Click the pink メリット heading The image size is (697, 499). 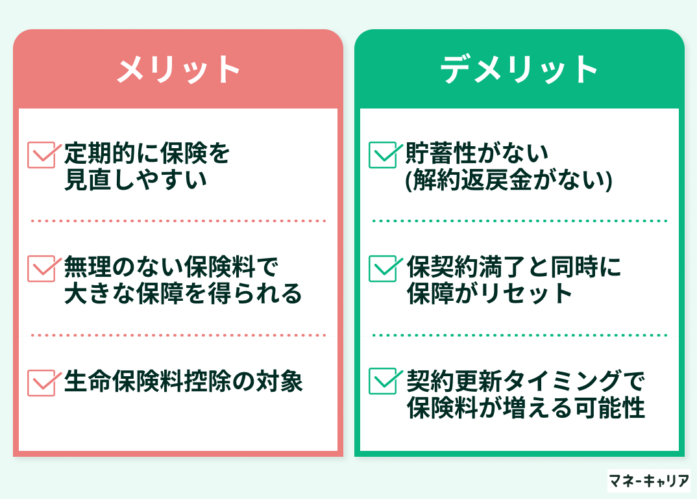(x=178, y=70)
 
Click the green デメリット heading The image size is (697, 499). (x=519, y=70)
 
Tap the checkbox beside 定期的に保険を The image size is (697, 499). (x=42, y=155)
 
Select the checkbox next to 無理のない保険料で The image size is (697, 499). (x=42, y=268)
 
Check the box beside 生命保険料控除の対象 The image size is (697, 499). (x=42, y=383)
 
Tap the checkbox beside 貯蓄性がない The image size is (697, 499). (x=384, y=155)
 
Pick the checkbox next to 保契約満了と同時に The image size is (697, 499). (x=384, y=268)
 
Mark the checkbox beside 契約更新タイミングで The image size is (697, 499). (x=384, y=381)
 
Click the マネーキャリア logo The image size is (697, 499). (x=648, y=481)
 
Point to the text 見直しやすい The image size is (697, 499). (x=136, y=179)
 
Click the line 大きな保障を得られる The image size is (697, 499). (x=183, y=293)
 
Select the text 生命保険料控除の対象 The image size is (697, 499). (x=183, y=381)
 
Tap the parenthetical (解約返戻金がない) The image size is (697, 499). (x=509, y=180)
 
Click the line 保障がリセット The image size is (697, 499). (x=489, y=293)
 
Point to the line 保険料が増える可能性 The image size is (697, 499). (x=526, y=407)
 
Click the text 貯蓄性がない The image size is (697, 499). (x=477, y=153)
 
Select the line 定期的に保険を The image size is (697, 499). (x=147, y=153)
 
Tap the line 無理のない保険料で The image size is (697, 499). (x=171, y=267)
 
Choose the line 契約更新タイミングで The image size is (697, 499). (x=526, y=381)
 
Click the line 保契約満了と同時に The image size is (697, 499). (x=514, y=267)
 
